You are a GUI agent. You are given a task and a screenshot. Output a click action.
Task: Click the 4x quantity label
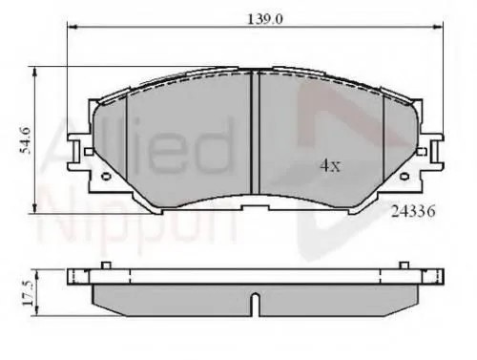(328, 165)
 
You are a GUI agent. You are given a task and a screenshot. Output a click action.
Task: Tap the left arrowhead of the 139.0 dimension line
(71, 29)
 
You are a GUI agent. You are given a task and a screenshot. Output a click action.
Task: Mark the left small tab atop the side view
(107, 265)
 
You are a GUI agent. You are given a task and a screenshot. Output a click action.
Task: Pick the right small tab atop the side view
(402, 265)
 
